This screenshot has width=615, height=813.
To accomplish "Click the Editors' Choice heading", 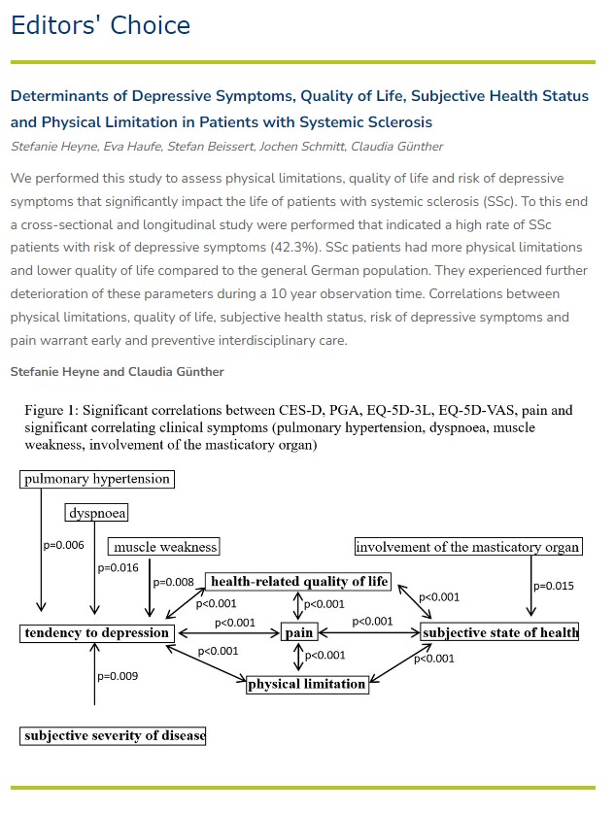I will (100, 25).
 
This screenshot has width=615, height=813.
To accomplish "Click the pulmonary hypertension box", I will (97, 479).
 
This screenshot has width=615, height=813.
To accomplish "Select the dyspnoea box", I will (97, 513).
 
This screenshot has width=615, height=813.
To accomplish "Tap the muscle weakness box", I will (165, 547).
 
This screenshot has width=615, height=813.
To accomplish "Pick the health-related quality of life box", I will (299, 582).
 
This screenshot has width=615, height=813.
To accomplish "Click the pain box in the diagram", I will (298, 633).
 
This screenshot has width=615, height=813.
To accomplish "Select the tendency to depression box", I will (97, 633).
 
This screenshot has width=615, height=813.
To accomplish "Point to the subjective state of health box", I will (500, 633).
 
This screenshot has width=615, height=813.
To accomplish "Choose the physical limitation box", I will (307, 684).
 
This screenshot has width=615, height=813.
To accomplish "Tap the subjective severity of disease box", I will (114, 735).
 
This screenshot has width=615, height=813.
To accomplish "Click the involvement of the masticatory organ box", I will (468, 547).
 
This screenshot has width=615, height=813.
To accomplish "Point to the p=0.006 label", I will (63, 545).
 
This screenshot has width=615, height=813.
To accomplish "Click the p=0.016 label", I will (119, 567).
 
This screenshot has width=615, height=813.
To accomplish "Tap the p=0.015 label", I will (554, 586).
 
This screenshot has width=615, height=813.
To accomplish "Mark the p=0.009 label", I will (119, 675).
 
